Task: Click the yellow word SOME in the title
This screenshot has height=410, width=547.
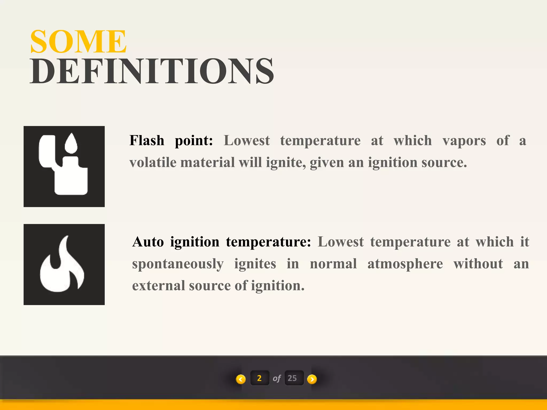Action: pyautogui.click(x=78, y=42)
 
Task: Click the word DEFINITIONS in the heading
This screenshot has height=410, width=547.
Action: pyautogui.click(x=152, y=72)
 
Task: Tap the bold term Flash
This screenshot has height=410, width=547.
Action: pyautogui.click(x=147, y=140)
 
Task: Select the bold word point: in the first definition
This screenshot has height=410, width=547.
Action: pyautogui.click(x=194, y=140)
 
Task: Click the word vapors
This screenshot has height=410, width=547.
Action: pyautogui.click(x=464, y=140)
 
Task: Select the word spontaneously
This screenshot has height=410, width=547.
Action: pyautogui.click(x=178, y=264)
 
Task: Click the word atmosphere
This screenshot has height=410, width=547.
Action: pyautogui.click(x=405, y=264)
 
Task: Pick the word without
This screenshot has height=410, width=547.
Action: pyautogui.click(x=478, y=264)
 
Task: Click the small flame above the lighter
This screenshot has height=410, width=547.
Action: pyautogui.click(x=71, y=143)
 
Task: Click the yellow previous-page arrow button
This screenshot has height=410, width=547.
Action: pyautogui.click(x=241, y=379)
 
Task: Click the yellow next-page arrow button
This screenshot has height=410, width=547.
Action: pyautogui.click(x=312, y=379)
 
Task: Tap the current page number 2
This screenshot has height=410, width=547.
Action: pyautogui.click(x=259, y=378)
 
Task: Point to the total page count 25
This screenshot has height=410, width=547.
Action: pyautogui.click(x=292, y=378)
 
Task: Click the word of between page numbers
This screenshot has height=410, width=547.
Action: pyautogui.click(x=277, y=378)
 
